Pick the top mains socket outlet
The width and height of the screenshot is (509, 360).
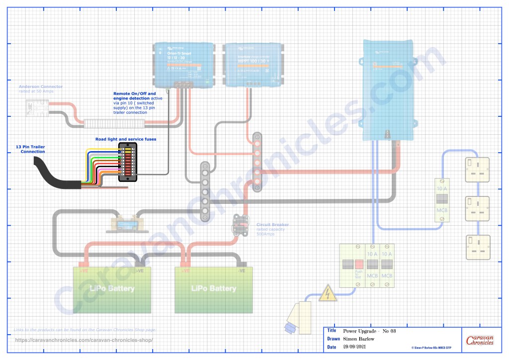pyautogui.click(x=477, y=170)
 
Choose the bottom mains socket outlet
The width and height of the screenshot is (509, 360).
pyautogui.click(x=477, y=247)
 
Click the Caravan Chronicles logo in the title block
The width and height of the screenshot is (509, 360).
pyautogui.click(x=480, y=341)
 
